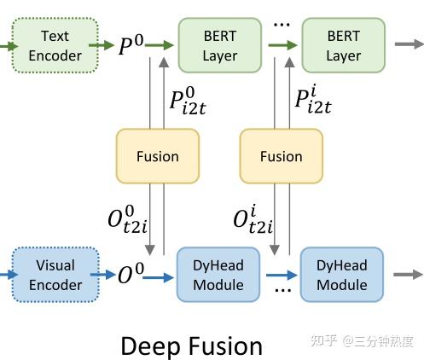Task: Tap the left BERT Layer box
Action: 219,45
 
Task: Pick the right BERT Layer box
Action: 343,45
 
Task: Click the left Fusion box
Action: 157,156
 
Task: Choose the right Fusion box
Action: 281,156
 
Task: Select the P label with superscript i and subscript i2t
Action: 313,100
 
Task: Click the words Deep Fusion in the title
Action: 191,345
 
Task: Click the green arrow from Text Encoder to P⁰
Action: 102,45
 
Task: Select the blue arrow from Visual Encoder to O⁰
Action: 102,275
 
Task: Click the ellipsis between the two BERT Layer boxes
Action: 281,23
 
